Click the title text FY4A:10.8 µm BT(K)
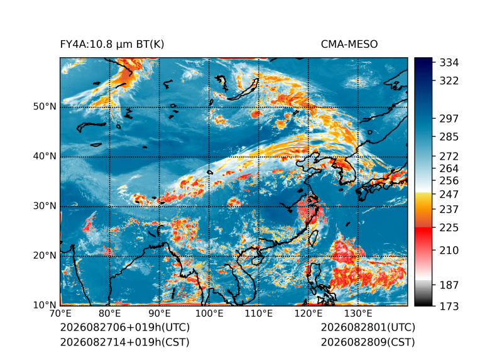[x=112, y=45]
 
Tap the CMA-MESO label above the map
[x=349, y=45]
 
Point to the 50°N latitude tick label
[x=45, y=107]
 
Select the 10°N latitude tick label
[x=45, y=305]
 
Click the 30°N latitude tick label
[x=45, y=205]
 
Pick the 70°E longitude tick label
[x=60, y=314]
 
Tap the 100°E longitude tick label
[x=209, y=314]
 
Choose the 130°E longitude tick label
[x=358, y=314]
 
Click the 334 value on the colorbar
[x=449, y=63]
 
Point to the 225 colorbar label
[x=449, y=228]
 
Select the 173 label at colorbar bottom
[x=449, y=306]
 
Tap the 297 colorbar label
[x=449, y=119]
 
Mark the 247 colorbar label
[x=449, y=194]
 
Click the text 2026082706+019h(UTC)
[x=125, y=327]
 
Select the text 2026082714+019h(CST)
[x=125, y=342]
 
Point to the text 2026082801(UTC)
[x=368, y=327]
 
